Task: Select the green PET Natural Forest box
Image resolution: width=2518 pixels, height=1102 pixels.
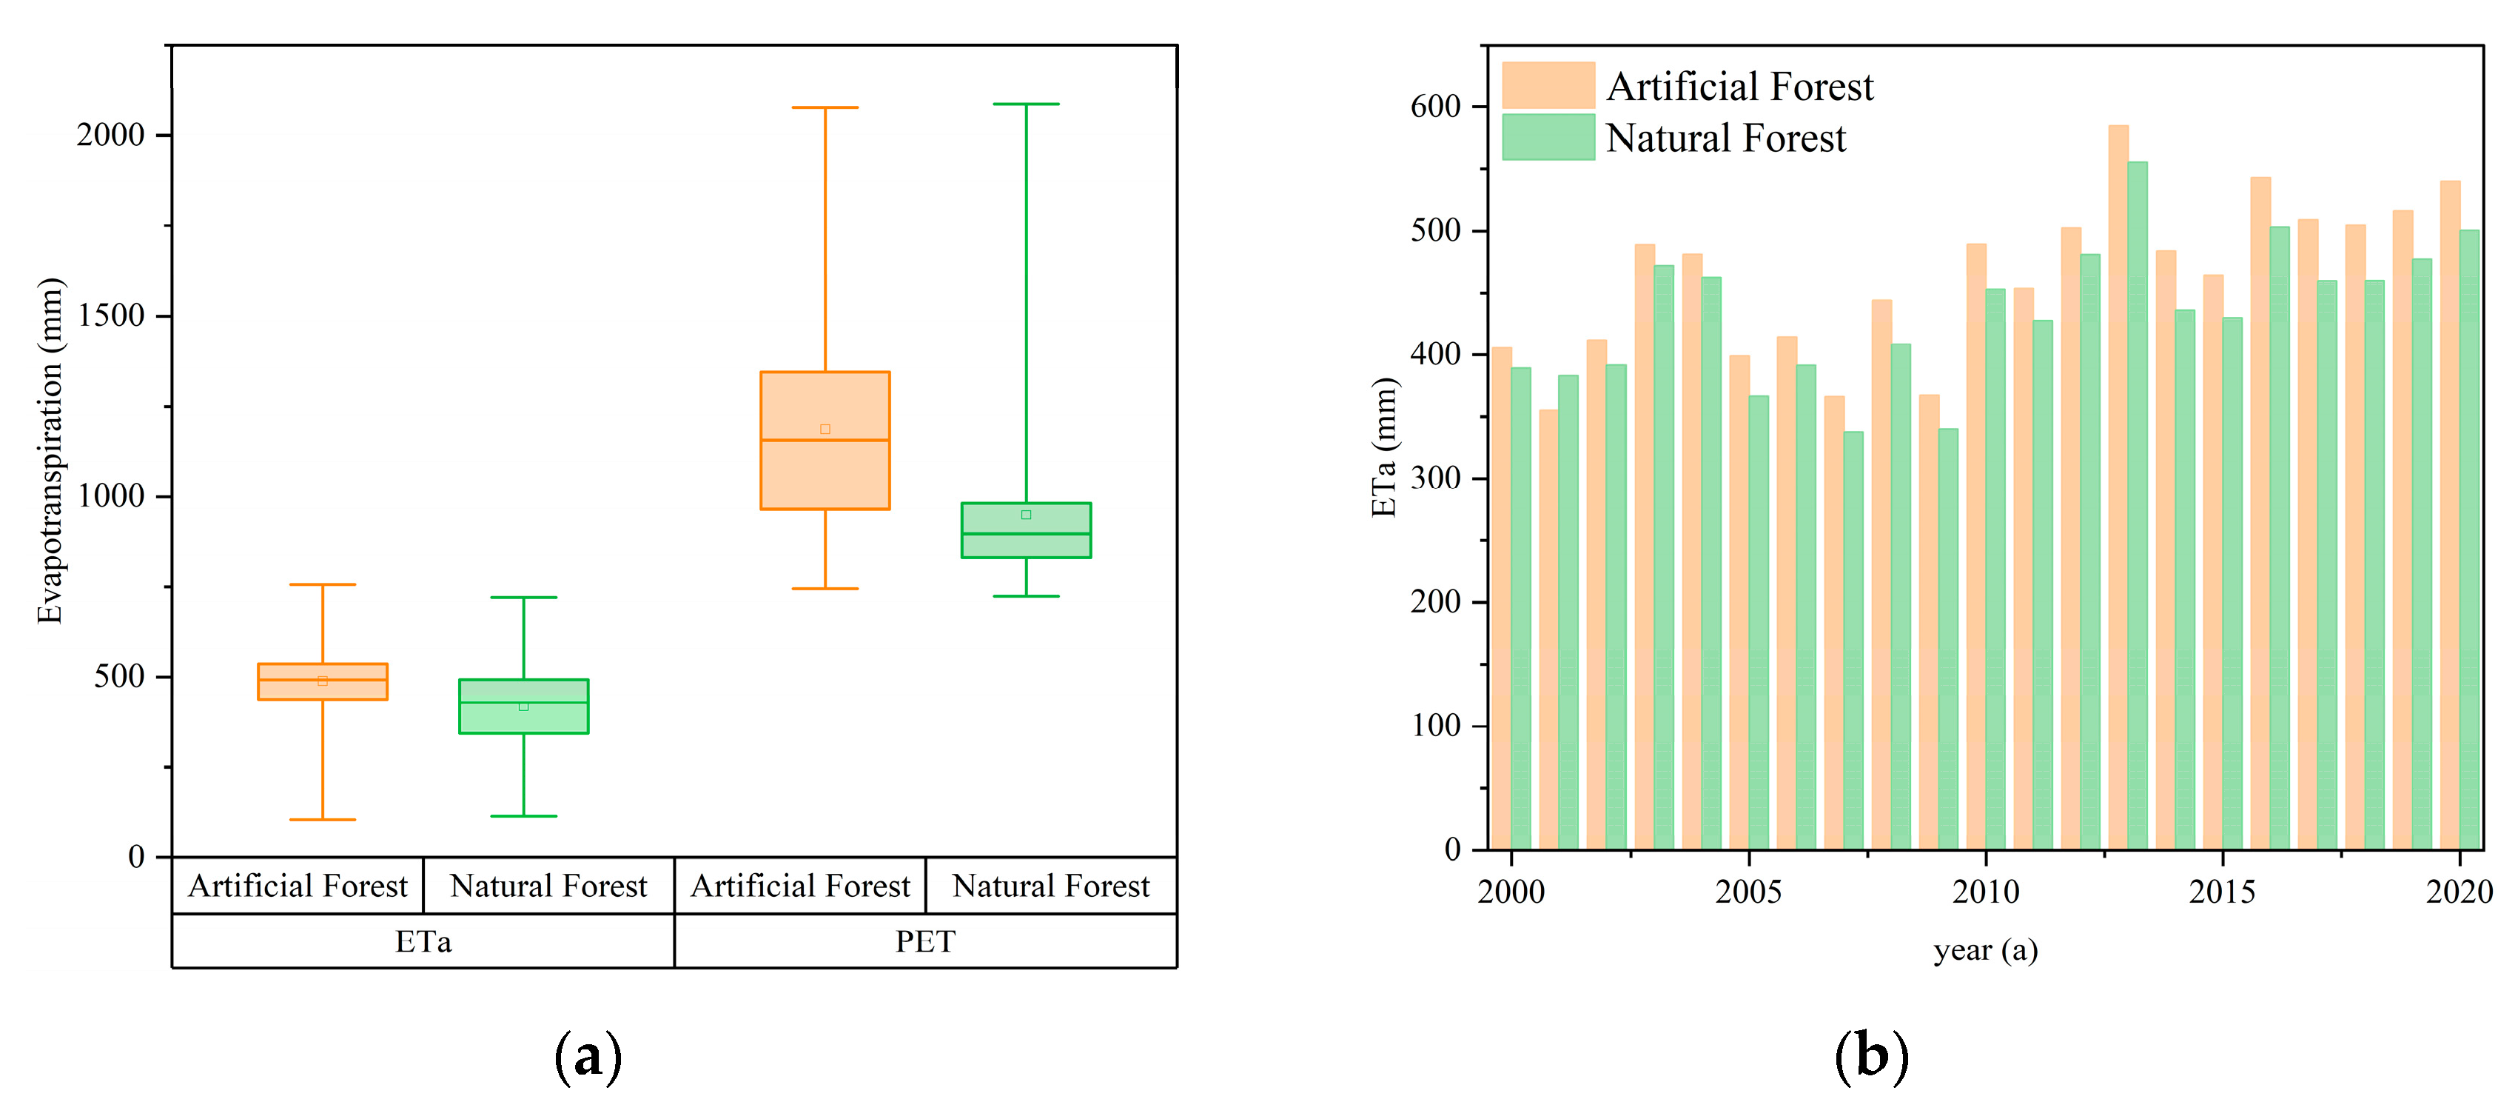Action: point(1025,530)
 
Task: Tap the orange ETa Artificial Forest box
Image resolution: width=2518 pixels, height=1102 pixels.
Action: point(323,681)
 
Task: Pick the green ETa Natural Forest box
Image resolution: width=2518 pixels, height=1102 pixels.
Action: point(523,706)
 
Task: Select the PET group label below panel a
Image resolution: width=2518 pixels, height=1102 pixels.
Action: point(924,941)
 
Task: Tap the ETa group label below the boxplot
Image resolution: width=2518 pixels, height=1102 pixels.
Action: point(423,941)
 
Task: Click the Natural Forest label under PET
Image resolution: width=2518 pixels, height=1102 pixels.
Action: point(1051,886)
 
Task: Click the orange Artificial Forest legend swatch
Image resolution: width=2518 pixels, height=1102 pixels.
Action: point(1548,85)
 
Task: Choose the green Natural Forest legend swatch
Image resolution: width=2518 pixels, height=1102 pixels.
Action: point(1548,137)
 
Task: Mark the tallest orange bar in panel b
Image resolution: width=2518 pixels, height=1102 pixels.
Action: point(2118,489)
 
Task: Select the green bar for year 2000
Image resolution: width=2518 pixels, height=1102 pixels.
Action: point(1521,607)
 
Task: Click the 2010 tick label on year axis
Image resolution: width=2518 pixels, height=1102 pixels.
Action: point(1985,892)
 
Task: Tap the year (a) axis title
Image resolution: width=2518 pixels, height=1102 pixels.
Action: point(1985,950)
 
